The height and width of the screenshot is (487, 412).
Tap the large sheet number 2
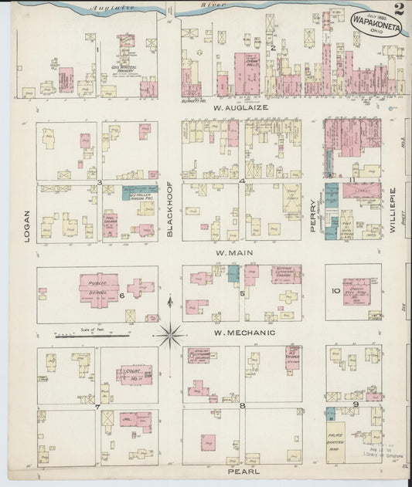(x=398, y=9)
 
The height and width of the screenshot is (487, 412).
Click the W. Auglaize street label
(x=240, y=107)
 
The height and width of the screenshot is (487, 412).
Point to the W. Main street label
(x=233, y=252)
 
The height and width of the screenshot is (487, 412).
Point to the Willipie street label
(x=393, y=202)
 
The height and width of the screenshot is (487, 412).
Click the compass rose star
(x=170, y=334)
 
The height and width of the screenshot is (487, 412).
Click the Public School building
(x=98, y=287)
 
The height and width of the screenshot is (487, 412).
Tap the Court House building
(x=133, y=375)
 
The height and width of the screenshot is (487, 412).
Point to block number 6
(x=121, y=295)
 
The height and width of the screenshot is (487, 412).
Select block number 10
(x=335, y=291)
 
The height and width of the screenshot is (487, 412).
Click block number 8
(x=242, y=405)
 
